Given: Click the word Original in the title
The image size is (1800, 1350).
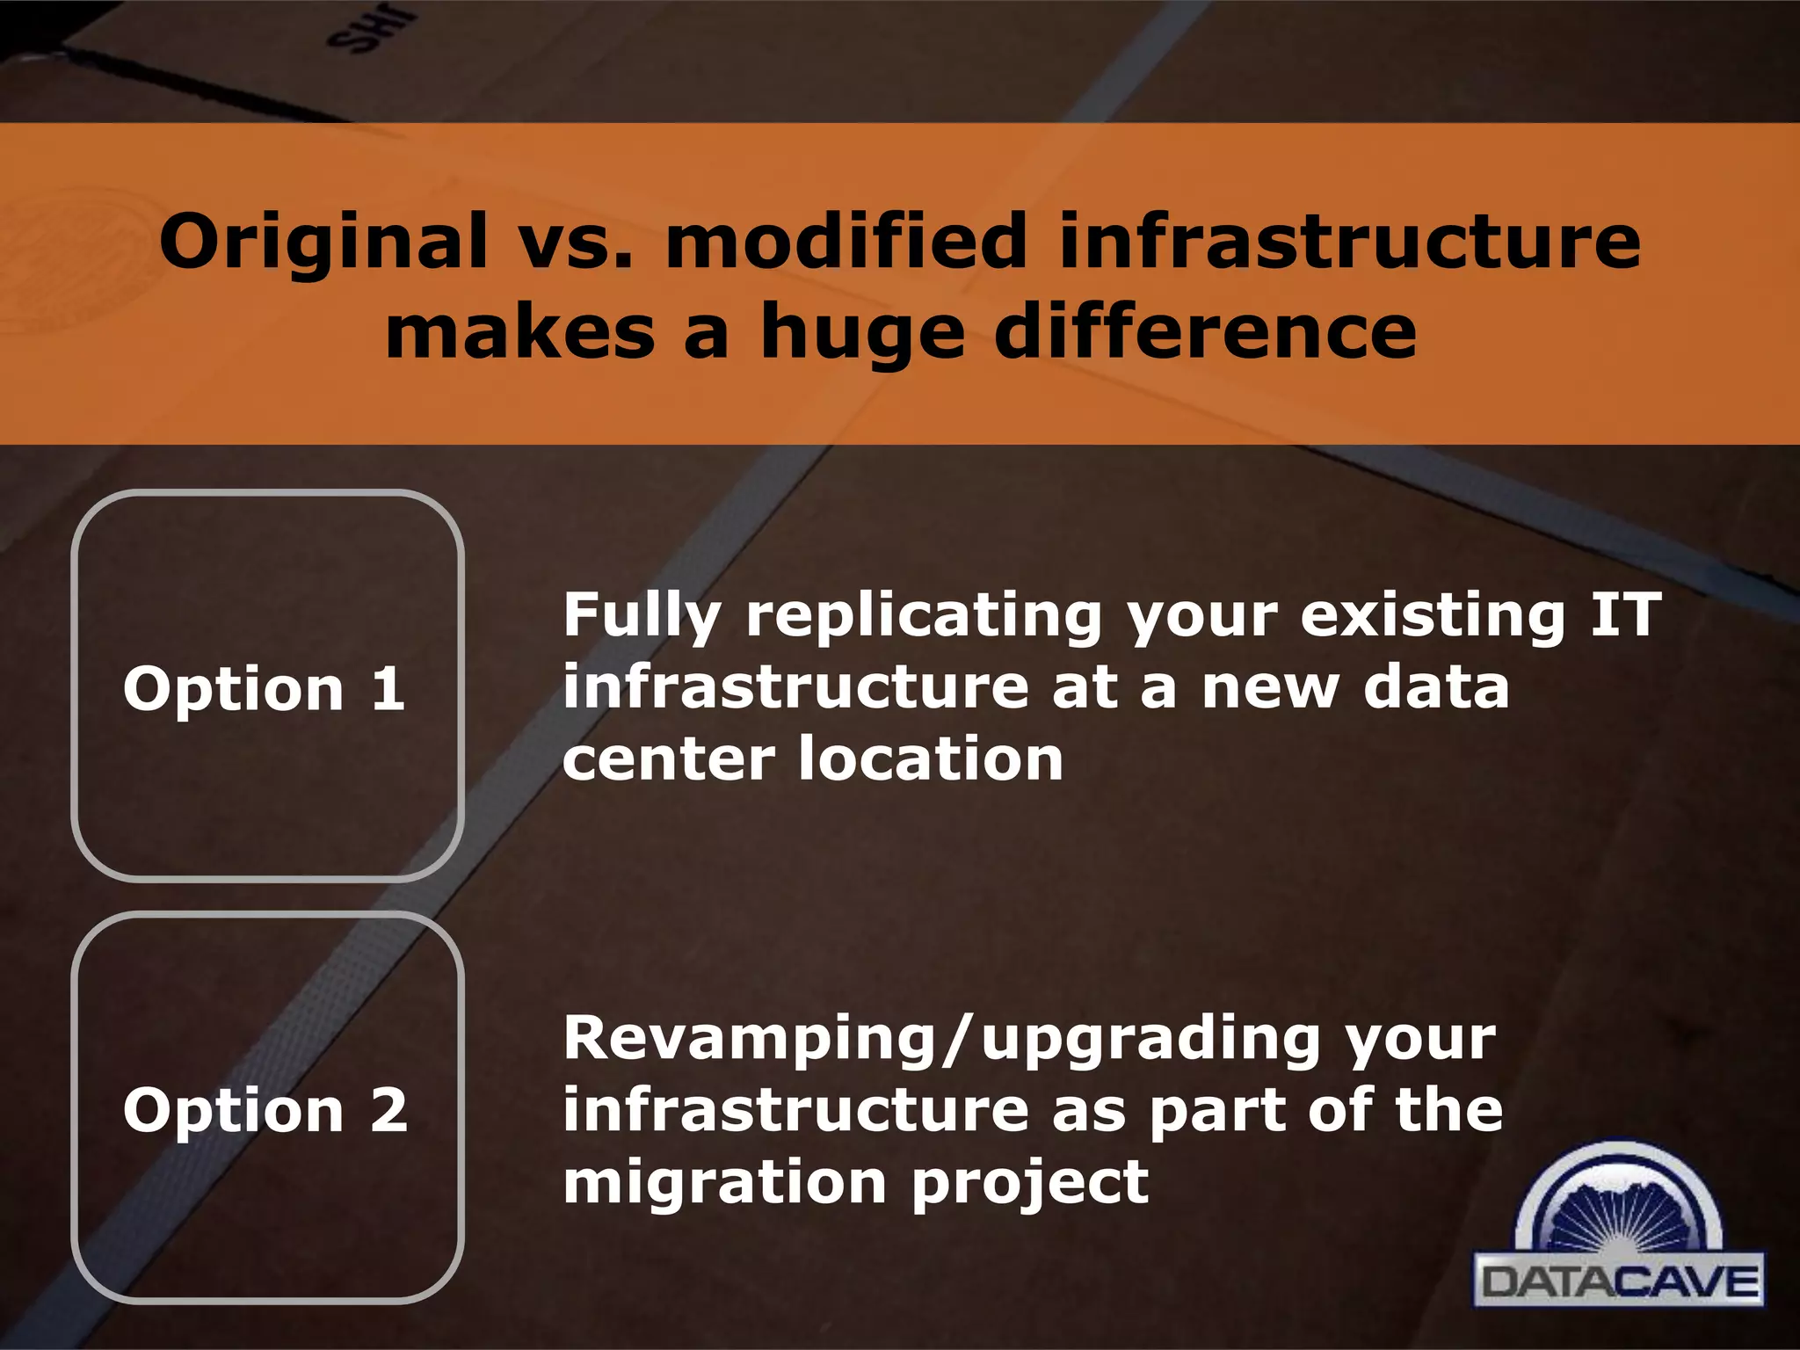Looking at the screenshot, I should click(323, 243).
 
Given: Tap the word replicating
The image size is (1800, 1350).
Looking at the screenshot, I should click(923, 616).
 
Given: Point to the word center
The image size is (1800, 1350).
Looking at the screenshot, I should click(668, 759).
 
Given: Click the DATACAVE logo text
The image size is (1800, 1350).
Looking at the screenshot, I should click(1618, 1282).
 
